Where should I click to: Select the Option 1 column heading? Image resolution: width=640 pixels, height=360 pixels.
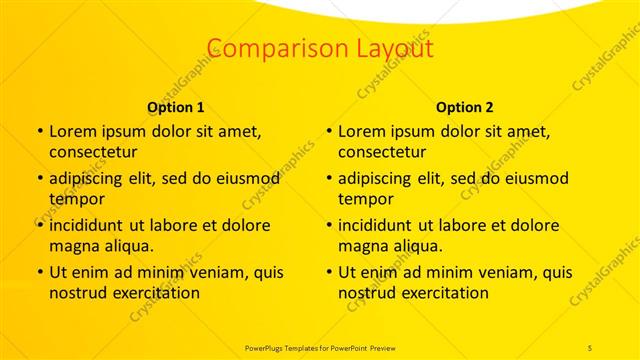click(176, 106)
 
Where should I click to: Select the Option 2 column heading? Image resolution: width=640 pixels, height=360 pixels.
click(465, 106)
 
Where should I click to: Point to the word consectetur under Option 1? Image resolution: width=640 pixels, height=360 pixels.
click(93, 152)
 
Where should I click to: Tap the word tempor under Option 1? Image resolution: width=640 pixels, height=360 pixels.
click(73, 199)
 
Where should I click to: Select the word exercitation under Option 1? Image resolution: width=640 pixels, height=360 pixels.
click(151, 293)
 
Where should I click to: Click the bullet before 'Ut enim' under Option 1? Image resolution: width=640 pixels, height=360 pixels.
click(38, 272)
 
